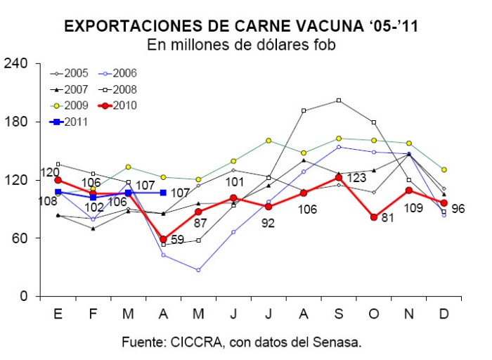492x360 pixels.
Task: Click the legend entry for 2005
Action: click(69, 73)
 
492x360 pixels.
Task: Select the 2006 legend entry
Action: click(117, 73)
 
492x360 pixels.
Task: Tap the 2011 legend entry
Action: click(69, 122)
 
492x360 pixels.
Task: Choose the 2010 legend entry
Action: click(117, 105)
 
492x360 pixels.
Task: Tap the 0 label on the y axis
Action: click(24, 296)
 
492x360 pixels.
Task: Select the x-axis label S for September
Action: click(339, 314)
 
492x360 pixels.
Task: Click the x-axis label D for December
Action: click(444, 314)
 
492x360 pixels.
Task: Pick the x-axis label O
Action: click(374, 314)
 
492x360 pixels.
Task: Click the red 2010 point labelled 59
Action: click(163, 240)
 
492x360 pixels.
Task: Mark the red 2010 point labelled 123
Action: click(339, 178)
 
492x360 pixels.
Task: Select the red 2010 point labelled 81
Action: click(374, 217)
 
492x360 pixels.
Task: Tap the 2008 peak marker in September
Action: click(339, 101)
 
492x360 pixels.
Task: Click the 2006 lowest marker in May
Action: click(198, 270)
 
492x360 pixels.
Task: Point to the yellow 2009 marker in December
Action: click(444, 169)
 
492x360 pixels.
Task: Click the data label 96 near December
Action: click(458, 209)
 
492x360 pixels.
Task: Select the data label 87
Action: click(200, 223)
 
